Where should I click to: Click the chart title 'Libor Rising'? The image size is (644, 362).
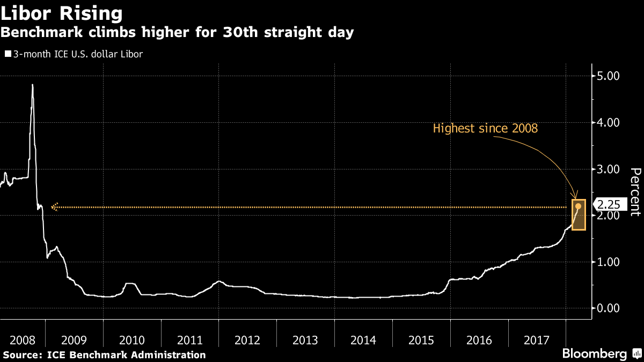coord(62,12)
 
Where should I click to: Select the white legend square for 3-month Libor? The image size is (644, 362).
coord(8,54)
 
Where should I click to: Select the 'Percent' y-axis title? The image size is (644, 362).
coord(635,191)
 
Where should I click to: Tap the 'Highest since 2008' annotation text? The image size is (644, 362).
coord(485,129)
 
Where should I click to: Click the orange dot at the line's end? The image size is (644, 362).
coord(578,206)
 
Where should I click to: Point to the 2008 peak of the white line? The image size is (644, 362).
coord(32,85)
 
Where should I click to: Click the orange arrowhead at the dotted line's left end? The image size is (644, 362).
coord(54,206)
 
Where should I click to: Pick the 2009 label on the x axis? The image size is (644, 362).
coord(74,339)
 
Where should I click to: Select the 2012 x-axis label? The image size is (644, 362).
coord(247,339)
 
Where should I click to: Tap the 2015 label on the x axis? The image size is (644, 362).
coord(421,339)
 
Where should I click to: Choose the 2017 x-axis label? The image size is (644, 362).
coord(537,339)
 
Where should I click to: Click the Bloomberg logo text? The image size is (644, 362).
coord(594,354)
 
